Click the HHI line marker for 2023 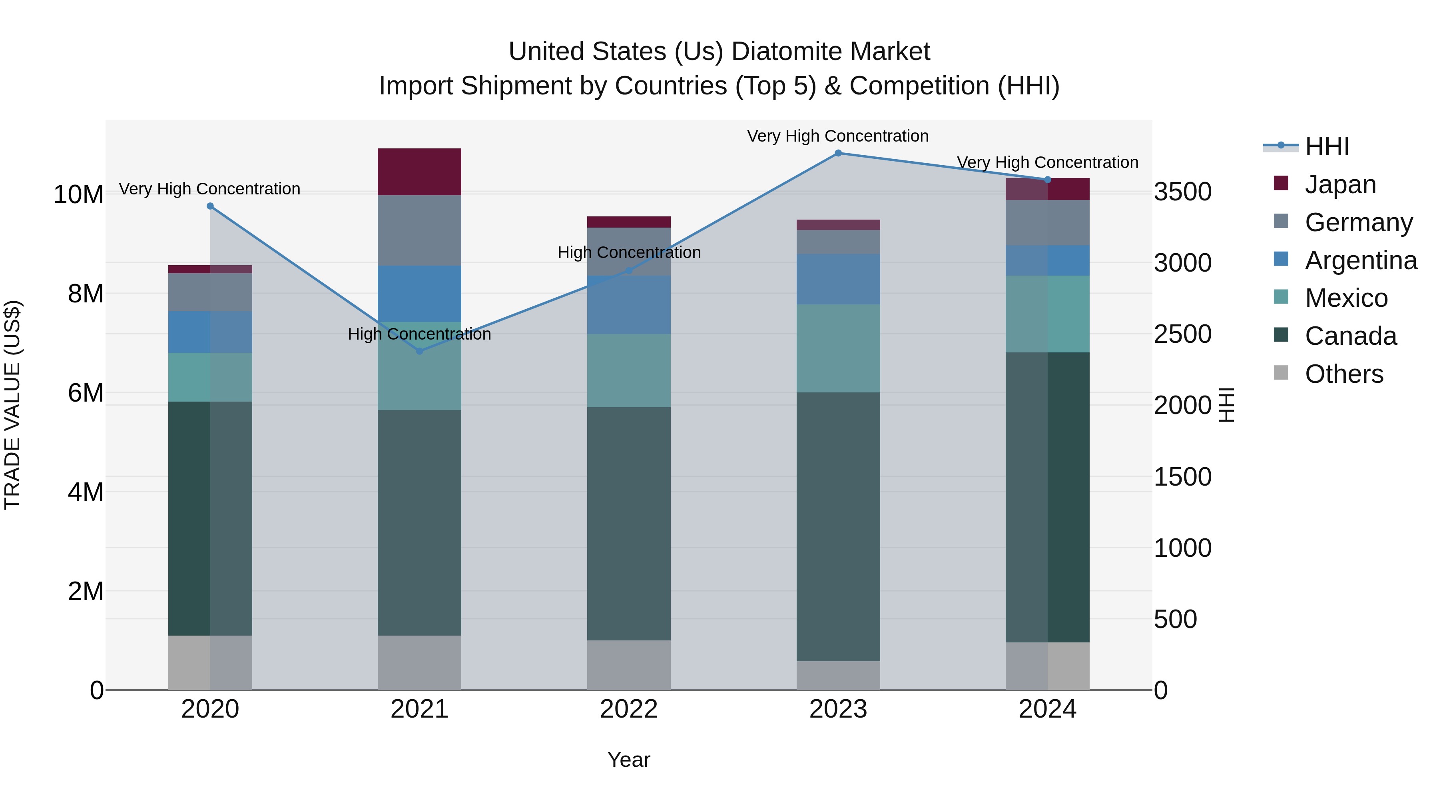click(x=838, y=153)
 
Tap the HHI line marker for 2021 click(x=420, y=351)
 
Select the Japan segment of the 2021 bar click(x=420, y=172)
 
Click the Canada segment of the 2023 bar click(x=838, y=526)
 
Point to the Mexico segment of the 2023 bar click(x=838, y=348)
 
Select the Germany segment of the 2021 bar click(x=420, y=230)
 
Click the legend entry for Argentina click(x=1360, y=260)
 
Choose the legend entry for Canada click(x=1350, y=336)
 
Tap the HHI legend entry click(x=1327, y=146)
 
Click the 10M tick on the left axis click(x=78, y=194)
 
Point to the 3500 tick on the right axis click(x=1183, y=192)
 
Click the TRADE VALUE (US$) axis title click(x=12, y=405)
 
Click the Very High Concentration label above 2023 click(x=837, y=136)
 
